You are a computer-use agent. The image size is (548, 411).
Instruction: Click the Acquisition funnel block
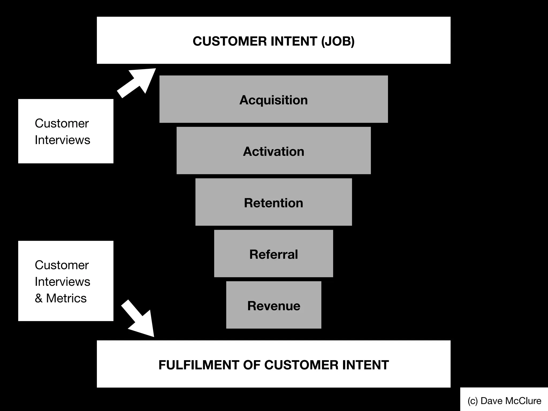click(x=273, y=99)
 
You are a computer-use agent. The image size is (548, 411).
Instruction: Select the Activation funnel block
click(x=273, y=151)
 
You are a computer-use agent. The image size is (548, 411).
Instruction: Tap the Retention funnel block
click(x=273, y=202)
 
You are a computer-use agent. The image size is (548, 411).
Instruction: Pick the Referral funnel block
click(x=273, y=254)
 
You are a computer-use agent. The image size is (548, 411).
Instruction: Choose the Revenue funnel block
click(x=273, y=305)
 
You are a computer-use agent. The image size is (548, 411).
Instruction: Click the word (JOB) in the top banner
click(x=338, y=41)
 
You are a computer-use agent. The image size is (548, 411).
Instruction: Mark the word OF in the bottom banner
click(x=252, y=365)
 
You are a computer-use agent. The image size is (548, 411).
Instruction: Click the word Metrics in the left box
click(x=66, y=298)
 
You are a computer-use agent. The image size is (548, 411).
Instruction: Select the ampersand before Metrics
click(x=39, y=298)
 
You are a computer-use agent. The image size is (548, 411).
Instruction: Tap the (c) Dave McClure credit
click(x=504, y=401)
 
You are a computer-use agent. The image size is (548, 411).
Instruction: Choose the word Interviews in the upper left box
click(x=62, y=140)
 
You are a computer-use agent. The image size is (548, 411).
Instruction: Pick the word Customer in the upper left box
click(x=62, y=124)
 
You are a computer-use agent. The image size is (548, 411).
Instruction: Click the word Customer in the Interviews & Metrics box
click(x=62, y=265)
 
